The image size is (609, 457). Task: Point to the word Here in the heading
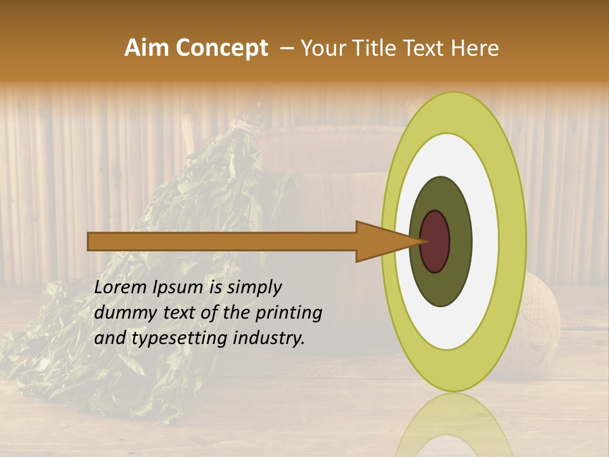(x=476, y=48)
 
